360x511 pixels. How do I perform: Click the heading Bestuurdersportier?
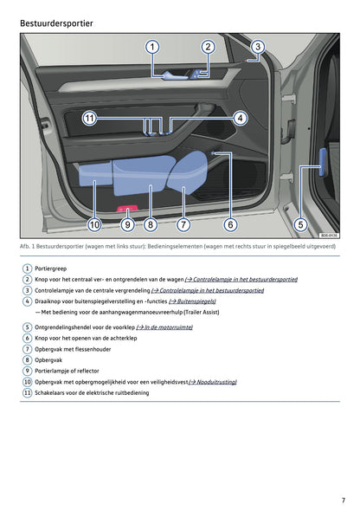[x=56, y=23]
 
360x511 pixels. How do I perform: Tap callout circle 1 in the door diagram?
[x=152, y=47]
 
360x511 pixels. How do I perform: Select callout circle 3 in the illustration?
[x=258, y=47]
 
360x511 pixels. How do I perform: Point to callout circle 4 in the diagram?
[x=241, y=118]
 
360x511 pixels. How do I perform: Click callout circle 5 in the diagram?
[x=300, y=224]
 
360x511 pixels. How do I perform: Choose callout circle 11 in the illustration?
[x=89, y=118]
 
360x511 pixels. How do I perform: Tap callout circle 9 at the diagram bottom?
[x=127, y=224]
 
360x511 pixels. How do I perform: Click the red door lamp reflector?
[x=127, y=208]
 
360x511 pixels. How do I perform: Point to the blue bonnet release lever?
[x=323, y=162]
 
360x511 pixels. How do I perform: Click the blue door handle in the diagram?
[x=175, y=75]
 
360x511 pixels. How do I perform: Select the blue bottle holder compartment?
[x=188, y=172]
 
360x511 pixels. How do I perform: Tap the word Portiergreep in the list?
[x=50, y=268]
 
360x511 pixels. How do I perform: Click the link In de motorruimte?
[x=164, y=327]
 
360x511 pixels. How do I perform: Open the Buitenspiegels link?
[x=192, y=301]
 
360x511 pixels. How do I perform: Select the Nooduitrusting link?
[x=213, y=382]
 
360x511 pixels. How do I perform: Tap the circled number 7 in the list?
[x=27, y=349]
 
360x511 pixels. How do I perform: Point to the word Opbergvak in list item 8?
[x=48, y=360]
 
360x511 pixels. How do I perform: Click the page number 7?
[x=344, y=500]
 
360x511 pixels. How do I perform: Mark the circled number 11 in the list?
[x=27, y=392]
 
